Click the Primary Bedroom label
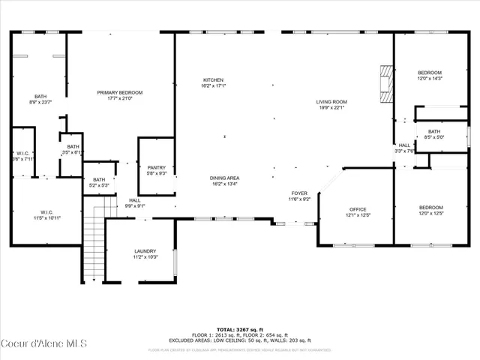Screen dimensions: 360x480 pyautogui.click(x=119, y=95)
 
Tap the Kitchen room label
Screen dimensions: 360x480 pyautogui.click(x=213, y=83)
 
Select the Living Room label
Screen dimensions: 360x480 pyautogui.click(x=330, y=104)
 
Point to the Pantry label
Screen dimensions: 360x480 pyautogui.click(x=156, y=170)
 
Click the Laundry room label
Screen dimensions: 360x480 pyautogui.click(x=145, y=254)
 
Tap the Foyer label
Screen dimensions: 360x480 pyautogui.click(x=299, y=196)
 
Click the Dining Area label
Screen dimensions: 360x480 pyautogui.click(x=224, y=181)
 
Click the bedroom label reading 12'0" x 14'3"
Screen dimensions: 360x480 pyautogui.click(x=430, y=75)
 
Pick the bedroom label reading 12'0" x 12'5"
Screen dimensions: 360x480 pyautogui.click(x=430, y=210)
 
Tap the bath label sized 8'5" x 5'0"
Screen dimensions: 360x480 pyautogui.click(x=434, y=134)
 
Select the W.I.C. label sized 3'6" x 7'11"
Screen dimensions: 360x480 pyautogui.click(x=22, y=155)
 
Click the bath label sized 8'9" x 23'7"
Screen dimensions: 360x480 pyautogui.click(x=40, y=100)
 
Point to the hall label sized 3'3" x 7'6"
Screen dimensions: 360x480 pyautogui.click(x=405, y=148)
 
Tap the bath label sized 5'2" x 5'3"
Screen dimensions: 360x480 pyautogui.click(x=99, y=182)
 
